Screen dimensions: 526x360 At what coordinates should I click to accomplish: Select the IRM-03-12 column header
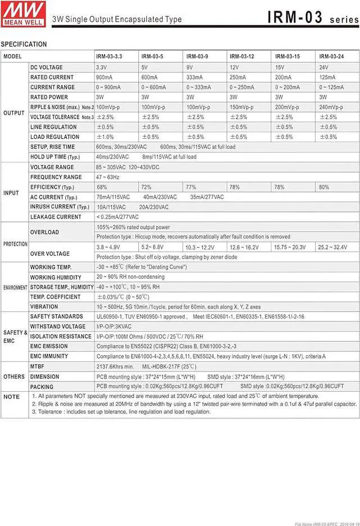tap(242, 57)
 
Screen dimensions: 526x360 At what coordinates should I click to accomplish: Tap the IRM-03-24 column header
tap(331, 57)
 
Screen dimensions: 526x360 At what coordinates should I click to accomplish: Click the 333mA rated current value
tap(195, 78)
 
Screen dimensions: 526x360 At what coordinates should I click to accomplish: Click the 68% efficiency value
tap(102, 187)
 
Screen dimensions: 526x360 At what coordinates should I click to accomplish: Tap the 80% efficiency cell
tap(324, 187)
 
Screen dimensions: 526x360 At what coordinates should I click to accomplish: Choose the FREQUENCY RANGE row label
tap(56, 178)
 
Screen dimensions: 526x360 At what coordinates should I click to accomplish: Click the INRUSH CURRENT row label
tap(60, 207)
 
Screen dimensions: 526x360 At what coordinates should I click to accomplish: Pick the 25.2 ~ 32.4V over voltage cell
tap(333, 247)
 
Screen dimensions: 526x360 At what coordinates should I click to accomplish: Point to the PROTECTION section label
tap(15, 244)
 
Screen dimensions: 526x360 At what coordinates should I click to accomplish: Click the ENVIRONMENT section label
tap(15, 288)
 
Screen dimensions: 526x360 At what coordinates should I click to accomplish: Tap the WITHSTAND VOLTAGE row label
tap(58, 327)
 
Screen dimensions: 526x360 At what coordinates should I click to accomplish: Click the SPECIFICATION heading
tap(24, 44)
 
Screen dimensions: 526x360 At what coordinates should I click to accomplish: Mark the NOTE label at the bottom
tap(11, 397)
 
